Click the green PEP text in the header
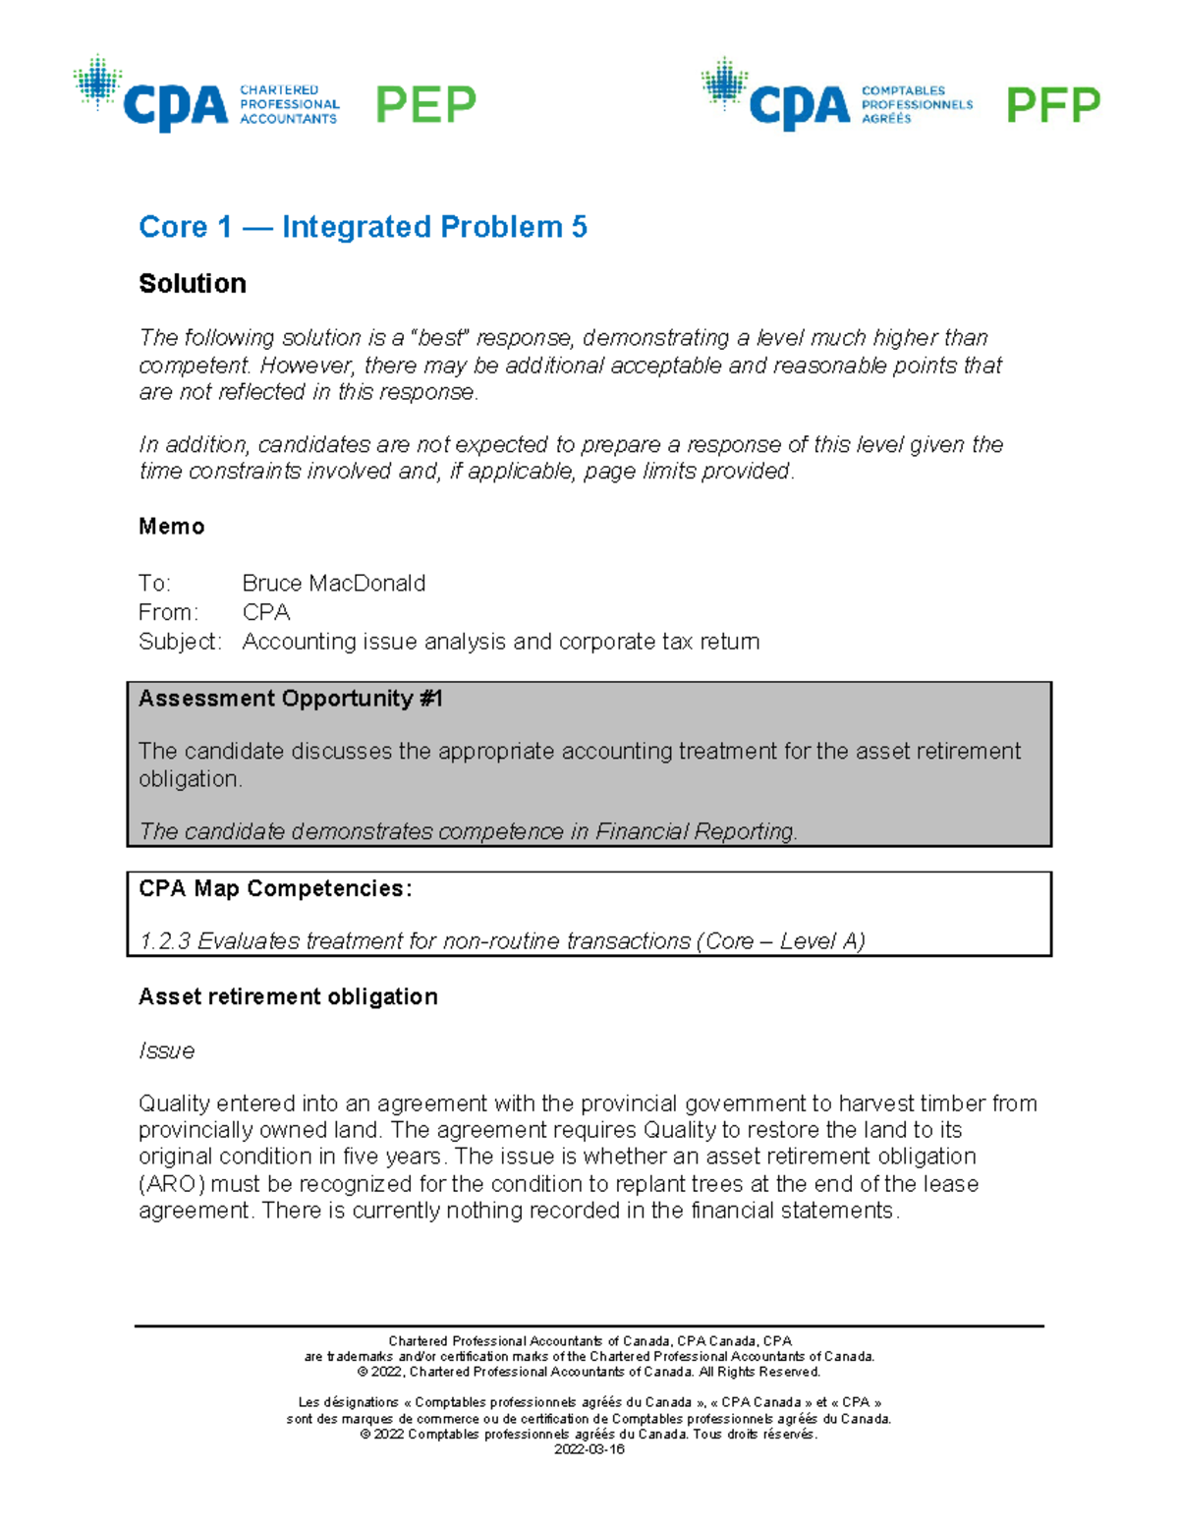425,104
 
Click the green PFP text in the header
1052,105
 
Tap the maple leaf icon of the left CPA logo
97,82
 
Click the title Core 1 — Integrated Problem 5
363,227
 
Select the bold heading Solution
193,283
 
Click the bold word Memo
171,527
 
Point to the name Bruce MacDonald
333,583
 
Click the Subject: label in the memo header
180,642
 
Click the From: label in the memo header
168,612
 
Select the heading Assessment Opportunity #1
291,699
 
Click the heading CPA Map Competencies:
275,888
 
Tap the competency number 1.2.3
165,941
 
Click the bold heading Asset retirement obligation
288,996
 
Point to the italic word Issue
166,1050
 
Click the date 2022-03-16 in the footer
589,1449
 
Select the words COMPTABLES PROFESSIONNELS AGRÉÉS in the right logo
916,104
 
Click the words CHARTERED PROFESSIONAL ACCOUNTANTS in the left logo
289,104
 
